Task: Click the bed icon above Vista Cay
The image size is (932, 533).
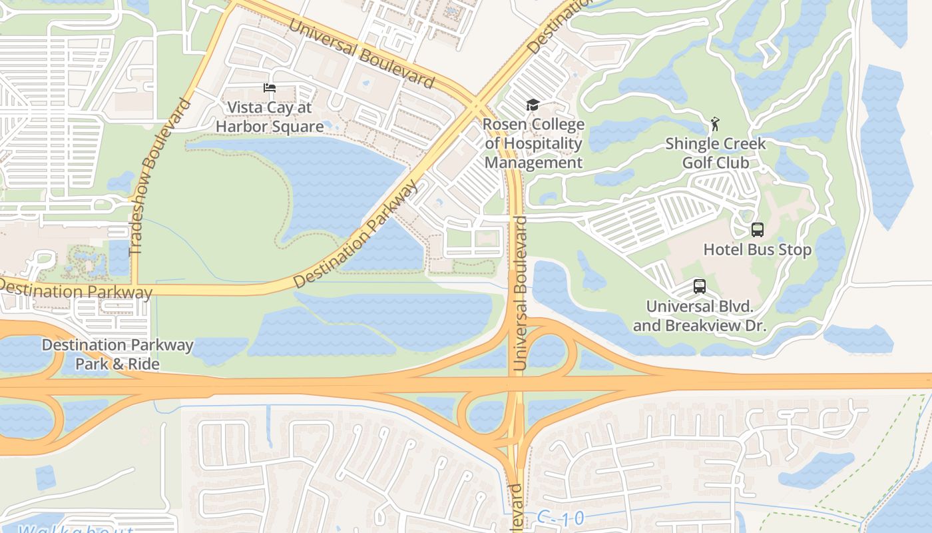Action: (269, 88)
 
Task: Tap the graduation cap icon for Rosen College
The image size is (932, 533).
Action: (532, 105)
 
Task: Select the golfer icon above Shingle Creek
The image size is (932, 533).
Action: (716, 124)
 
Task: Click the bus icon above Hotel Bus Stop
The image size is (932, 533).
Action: (757, 230)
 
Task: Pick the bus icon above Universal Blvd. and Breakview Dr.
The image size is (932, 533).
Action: (699, 286)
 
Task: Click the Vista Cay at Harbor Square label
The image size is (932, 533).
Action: (270, 117)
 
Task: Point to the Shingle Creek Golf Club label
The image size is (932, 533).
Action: (716, 153)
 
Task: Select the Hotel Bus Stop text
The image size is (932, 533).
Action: (758, 250)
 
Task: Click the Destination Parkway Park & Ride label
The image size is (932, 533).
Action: (117, 354)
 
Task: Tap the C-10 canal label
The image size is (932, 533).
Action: (560, 518)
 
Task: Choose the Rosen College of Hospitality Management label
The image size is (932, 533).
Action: (533, 143)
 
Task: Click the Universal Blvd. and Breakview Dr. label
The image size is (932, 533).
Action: (700, 316)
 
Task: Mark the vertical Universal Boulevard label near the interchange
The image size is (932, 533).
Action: (521, 293)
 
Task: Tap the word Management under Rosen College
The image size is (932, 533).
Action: (533, 163)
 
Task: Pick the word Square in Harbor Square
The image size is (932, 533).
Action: (296, 126)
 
